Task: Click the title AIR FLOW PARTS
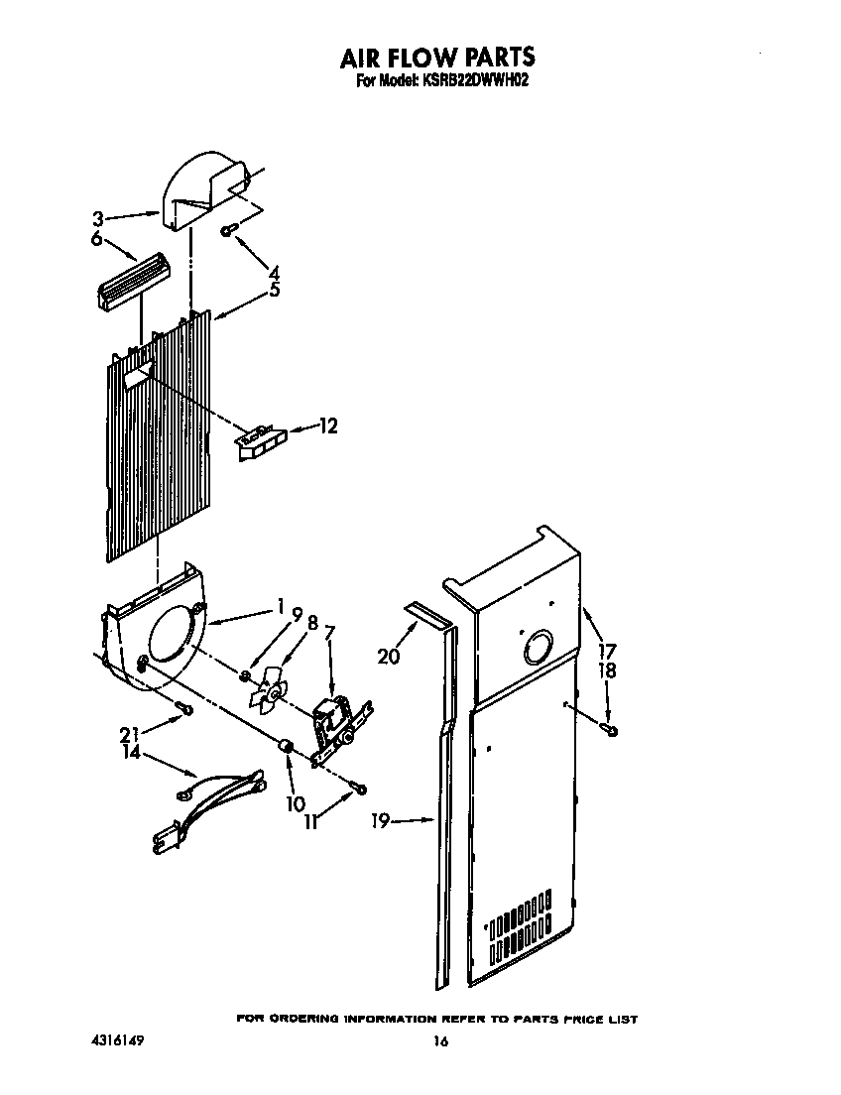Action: [437, 57]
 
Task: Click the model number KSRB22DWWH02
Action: [469, 82]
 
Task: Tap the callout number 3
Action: [97, 219]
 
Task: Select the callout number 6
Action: [97, 239]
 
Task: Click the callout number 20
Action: [389, 657]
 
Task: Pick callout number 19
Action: [380, 820]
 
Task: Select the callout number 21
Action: [129, 734]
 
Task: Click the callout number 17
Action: [606, 652]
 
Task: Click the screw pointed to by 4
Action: [228, 230]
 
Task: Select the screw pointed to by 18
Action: [611, 731]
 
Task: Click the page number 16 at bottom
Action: [440, 1041]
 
